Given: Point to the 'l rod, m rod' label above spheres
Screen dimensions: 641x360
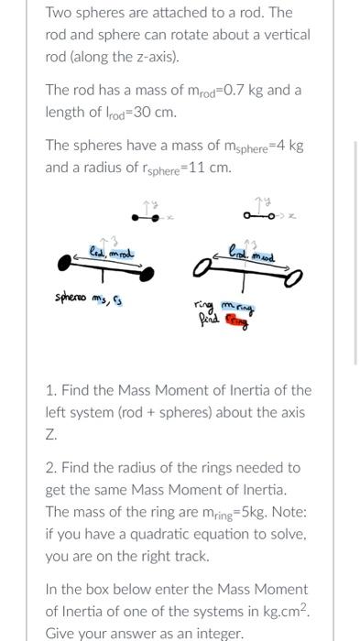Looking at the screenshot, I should [x=110, y=252].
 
